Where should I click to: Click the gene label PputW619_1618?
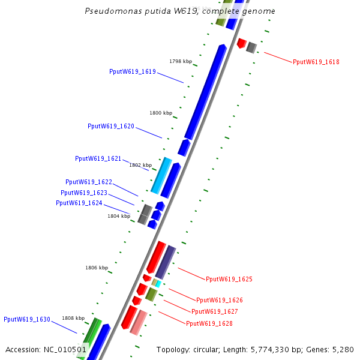pos(316,62)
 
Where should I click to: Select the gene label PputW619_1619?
pos(132,71)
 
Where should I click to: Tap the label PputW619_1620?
pos(110,126)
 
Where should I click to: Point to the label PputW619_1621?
pos(98,158)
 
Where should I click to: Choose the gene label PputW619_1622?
pos(88,182)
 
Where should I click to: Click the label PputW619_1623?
pos(83,193)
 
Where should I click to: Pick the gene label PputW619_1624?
pos(79,203)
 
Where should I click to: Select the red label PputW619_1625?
pos(229,279)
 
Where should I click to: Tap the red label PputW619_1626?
pos(219,300)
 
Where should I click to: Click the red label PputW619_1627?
pos(214,311)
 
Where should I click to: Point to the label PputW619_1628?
pos(209,323)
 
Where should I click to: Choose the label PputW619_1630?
pos(26,319)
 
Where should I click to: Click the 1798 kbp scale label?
pos(180,61)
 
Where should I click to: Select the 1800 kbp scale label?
pos(160,113)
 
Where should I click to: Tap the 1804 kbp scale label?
pos(118,215)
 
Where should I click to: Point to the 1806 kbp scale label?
pos(96,268)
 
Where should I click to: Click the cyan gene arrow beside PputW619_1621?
pos(161,175)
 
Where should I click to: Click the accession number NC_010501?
pos(66,349)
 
